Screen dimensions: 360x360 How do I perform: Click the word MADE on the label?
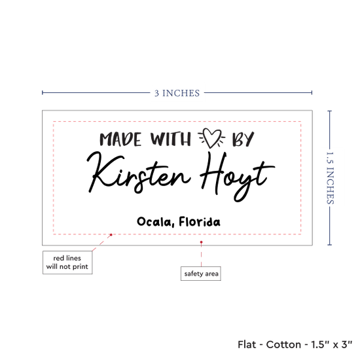point(120,139)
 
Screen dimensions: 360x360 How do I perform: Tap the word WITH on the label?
point(171,139)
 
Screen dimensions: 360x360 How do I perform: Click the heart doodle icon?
point(211,138)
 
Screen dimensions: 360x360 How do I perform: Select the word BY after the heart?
point(243,139)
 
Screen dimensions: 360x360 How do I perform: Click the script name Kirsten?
point(139,173)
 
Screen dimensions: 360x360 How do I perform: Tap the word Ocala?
point(154,222)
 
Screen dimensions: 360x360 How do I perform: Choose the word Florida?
point(200,221)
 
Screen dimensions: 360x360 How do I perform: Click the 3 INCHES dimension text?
point(177,93)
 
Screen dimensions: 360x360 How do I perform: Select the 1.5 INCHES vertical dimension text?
point(330,178)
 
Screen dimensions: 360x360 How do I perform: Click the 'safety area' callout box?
point(201,274)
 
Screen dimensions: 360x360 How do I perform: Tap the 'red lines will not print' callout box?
point(67,262)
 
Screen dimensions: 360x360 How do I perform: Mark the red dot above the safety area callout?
point(202,242)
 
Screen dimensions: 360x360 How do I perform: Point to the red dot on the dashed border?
point(111,234)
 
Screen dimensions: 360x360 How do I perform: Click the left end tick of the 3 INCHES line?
point(43,92)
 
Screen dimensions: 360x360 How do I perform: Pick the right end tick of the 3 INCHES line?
point(312,92)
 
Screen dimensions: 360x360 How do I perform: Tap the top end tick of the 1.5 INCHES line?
point(330,111)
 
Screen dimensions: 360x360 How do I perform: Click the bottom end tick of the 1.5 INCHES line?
point(330,245)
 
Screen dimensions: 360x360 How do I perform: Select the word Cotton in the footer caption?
point(283,344)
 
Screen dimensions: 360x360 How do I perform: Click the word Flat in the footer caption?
point(247,344)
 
